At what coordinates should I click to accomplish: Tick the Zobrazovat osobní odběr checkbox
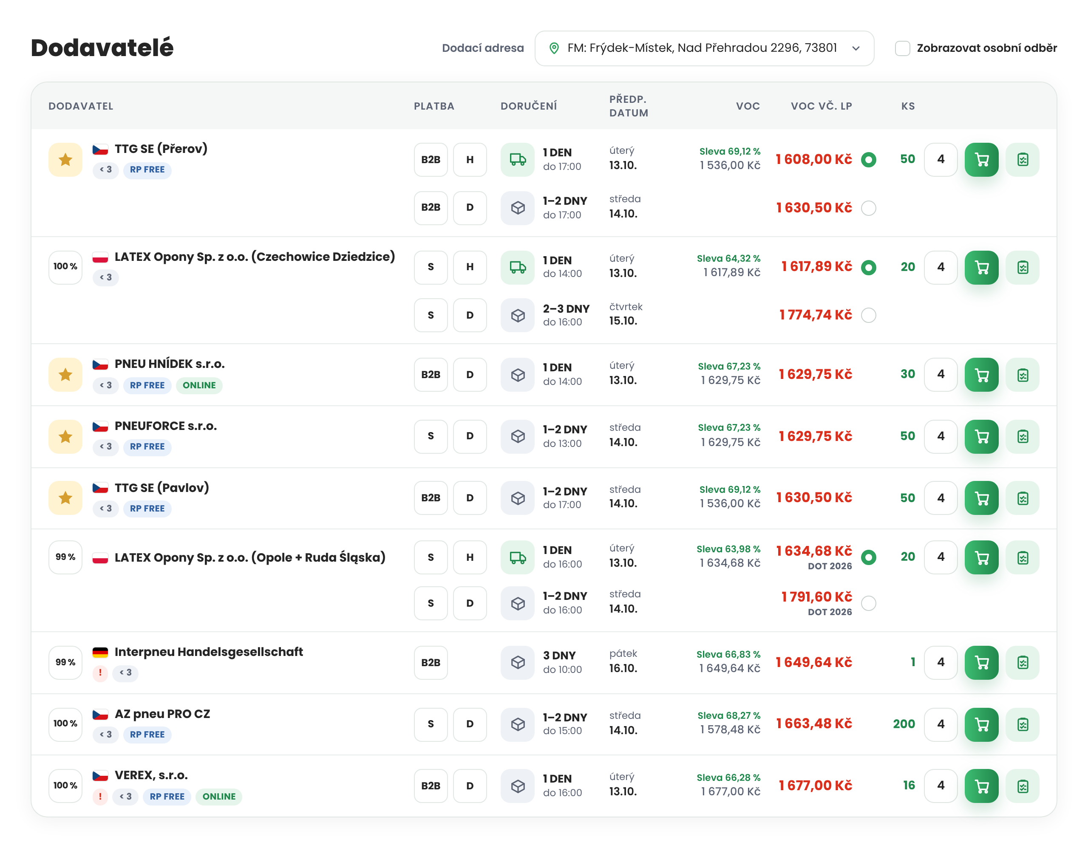point(902,48)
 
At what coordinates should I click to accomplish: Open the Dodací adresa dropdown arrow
point(856,48)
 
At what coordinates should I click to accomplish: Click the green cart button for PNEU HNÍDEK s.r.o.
point(981,374)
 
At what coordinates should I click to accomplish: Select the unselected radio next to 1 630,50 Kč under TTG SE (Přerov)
point(868,208)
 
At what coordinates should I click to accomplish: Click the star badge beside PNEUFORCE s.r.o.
point(65,436)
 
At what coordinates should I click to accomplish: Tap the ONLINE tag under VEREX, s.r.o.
point(219,796)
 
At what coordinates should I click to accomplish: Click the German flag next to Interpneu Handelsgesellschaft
point(100,652)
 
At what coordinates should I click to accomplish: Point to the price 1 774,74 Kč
point(816,315)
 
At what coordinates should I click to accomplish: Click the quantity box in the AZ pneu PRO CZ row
point(941,724)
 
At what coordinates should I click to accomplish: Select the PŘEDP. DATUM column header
point(629,106)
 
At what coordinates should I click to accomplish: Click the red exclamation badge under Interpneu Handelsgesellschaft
point(100,673)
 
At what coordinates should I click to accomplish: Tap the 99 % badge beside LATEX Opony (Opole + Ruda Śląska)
point(65,557)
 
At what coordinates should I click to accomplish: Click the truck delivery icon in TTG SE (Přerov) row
point(518,160)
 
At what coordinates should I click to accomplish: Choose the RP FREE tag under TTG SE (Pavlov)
point(147,509)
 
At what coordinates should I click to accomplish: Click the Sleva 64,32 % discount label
point(728,258)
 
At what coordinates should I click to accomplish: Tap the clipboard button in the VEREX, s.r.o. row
point(1022,786)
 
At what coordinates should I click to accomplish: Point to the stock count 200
point(904,724)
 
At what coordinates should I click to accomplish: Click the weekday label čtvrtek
point(626,307)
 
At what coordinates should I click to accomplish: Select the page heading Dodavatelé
point(102,48)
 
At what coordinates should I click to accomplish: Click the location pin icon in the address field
point(553,48)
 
